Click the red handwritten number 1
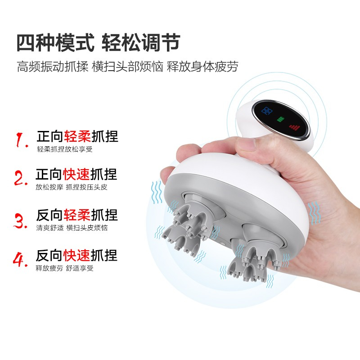point(22,139)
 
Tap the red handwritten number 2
point(21,178)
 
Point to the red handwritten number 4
point(20,260)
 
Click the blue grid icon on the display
point(267,111)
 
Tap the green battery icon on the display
point(280,119)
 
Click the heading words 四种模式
point(55,43)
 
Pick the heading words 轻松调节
point(140,43)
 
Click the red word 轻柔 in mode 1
point(77,137)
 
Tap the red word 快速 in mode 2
point(76,174)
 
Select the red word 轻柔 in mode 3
point(77,215)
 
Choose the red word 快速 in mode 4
point(77,255)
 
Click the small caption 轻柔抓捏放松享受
point(65,149)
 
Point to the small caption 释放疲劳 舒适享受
point(64,268)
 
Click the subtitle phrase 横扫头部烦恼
point(127,67)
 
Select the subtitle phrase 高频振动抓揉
point(53,67)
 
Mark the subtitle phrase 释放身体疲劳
point(202,67)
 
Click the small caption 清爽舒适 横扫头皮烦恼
point(72,228)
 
